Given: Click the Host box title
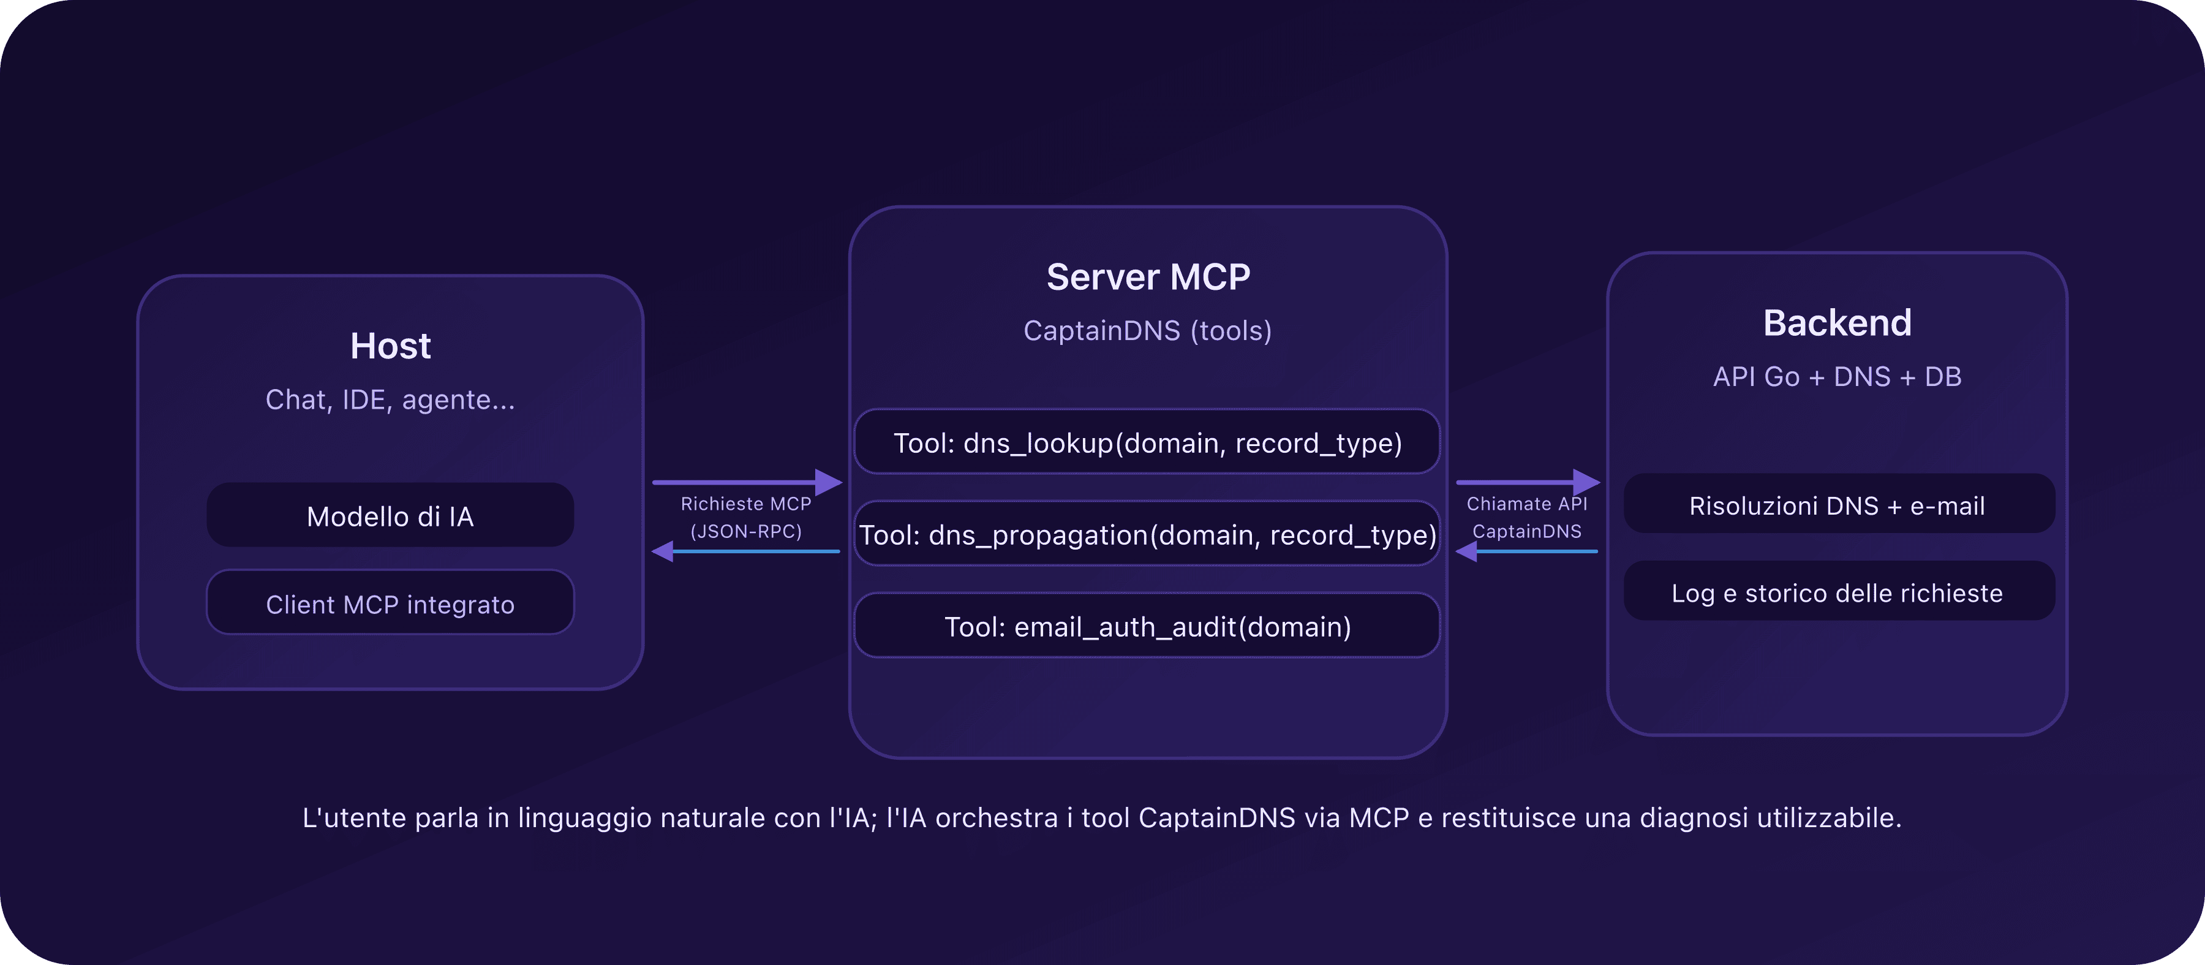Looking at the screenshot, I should (390, 346).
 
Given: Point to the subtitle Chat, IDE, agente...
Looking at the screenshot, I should (390, 400).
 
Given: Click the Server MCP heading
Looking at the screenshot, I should (1148, 276).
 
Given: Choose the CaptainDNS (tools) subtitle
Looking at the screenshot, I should (1148, 330).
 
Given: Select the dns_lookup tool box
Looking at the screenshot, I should (1148, 443).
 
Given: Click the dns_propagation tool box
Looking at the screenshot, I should (1148, 534).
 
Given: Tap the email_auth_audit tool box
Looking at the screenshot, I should (1148, 627).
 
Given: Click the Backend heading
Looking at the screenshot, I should (1837, 323).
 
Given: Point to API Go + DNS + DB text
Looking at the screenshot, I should (1837, 377).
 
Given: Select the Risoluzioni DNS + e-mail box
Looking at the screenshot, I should (1837, 505).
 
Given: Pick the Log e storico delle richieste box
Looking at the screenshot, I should (1837, 592).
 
